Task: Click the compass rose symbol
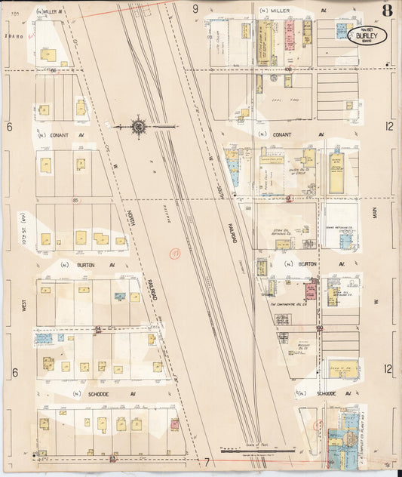[139, 127]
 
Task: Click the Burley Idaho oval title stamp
[367, 35]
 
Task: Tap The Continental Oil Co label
[287, 305]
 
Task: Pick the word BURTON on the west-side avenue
[95, 265]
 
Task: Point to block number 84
[98, 327]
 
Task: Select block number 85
[76, 200]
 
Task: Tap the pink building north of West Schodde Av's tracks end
[175, 424]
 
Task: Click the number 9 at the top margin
[195, 9]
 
